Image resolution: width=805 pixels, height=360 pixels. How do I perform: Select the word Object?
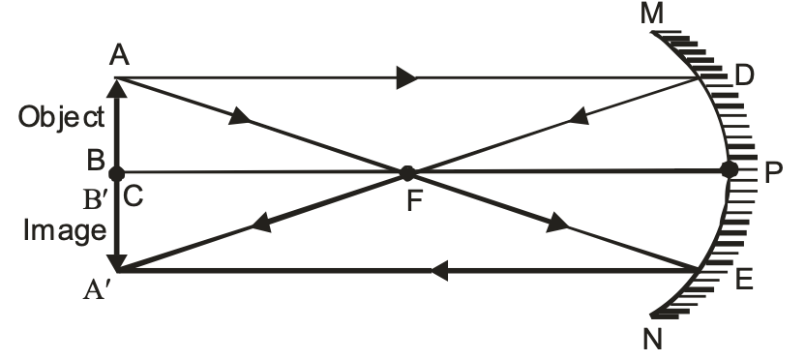point(61,117)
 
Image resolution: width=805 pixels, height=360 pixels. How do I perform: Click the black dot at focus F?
point(407,173)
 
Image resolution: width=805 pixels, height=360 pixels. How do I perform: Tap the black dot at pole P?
point(730,170)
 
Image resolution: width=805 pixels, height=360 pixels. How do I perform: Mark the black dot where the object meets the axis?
point(117,173)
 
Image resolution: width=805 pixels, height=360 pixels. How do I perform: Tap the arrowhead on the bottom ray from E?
point(439,272)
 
